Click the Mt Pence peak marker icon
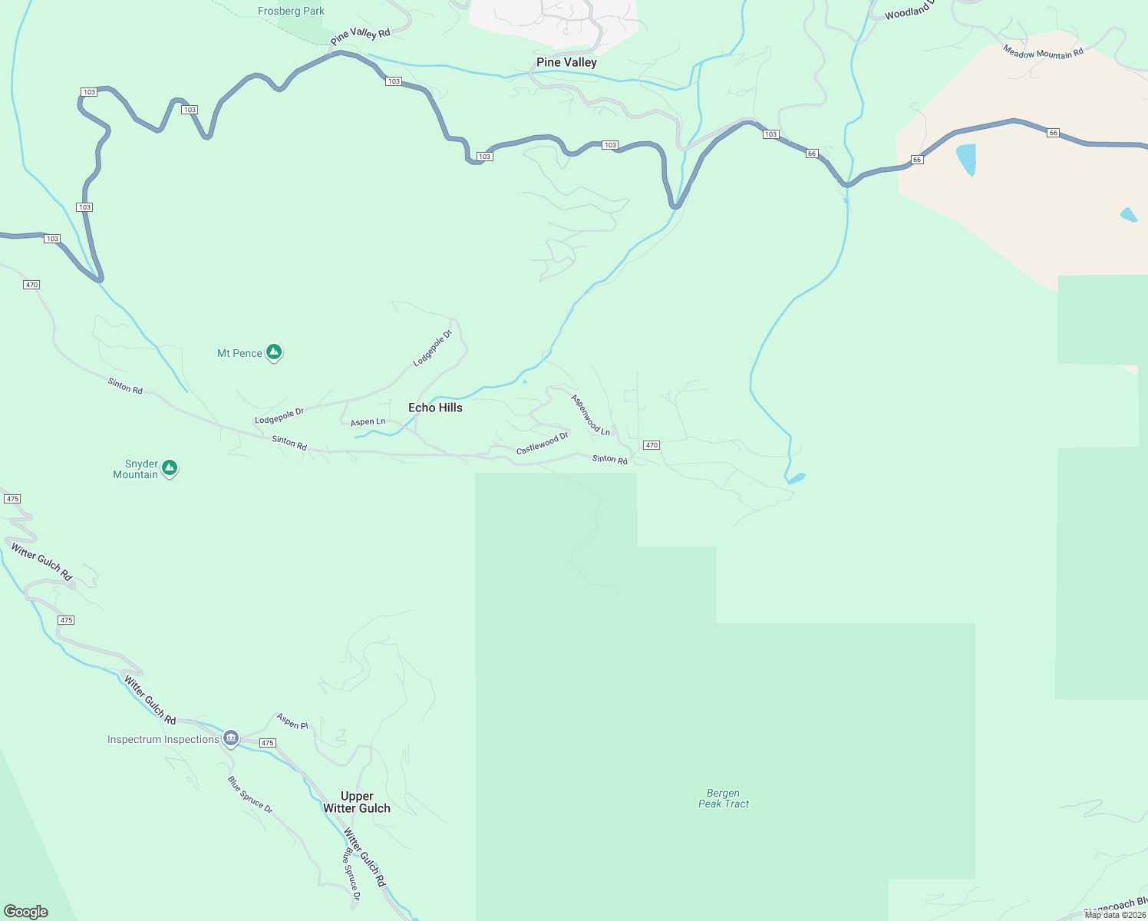pos(274,352)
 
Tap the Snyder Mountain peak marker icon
pos(170,467)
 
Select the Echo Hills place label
pos(435,408)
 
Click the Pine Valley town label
pos(566,62)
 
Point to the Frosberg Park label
pos(291,11)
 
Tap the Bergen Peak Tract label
pos(723,798)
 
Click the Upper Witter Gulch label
pos(357,802)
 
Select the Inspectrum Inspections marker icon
pos(231,738)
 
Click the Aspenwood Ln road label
pos(590,415)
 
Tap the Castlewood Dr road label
pos(542,443)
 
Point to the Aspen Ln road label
pos(368,421)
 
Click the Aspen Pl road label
pos(292,721)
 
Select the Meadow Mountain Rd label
pos(1043,52)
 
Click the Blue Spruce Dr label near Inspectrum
pos(249,794)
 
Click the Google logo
pos(26,911)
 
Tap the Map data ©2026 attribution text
pos(1115,914)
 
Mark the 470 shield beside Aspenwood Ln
pos(652,445)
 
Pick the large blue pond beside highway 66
pos(966,159)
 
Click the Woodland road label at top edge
pos(908,11)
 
